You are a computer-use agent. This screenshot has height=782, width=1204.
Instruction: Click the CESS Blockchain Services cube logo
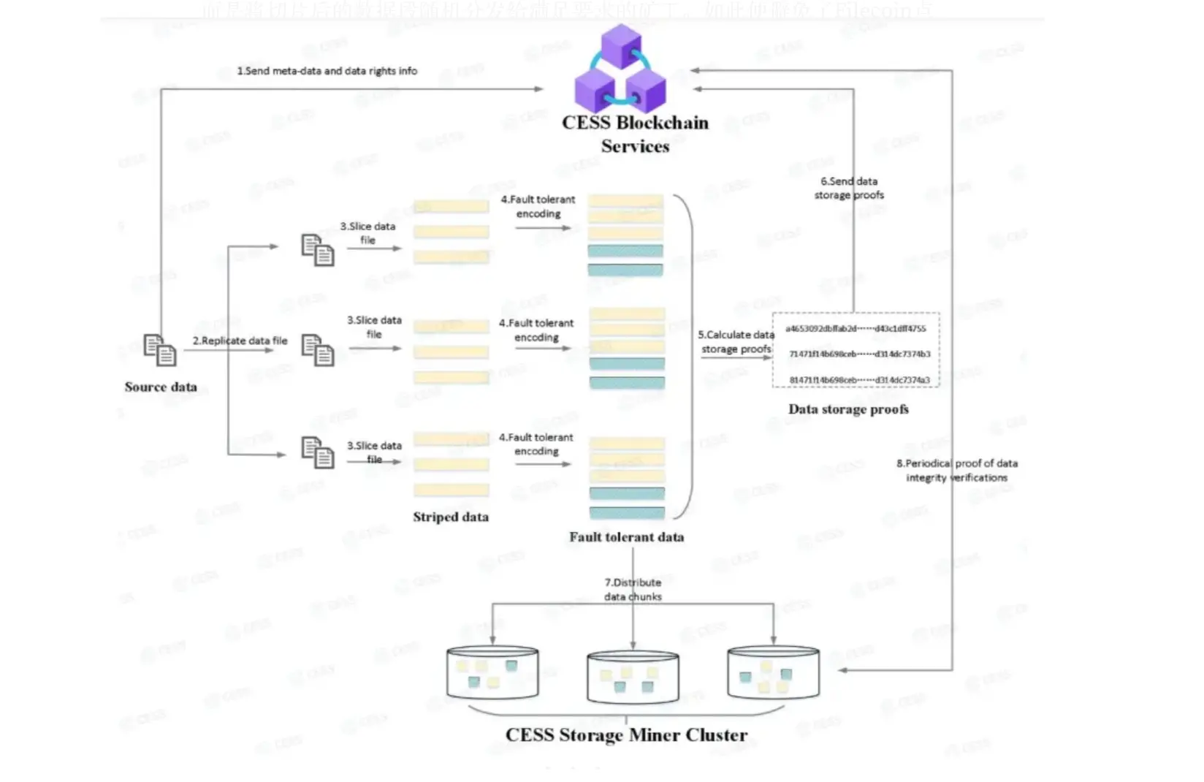click(620, 69)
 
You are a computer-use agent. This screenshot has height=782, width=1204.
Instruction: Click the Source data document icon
click(160, 350)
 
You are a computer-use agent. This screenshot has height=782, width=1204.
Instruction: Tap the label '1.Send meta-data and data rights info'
click(327, 71)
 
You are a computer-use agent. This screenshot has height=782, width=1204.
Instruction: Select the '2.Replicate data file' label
click(240, 341)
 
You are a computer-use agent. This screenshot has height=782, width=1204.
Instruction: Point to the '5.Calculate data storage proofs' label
click(736, 342)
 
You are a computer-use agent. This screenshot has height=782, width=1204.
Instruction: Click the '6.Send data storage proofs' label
click(849, 188)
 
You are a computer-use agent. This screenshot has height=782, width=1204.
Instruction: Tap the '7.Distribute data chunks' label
click(633, 589)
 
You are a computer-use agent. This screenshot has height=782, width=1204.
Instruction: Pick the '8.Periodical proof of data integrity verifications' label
click(956, 470)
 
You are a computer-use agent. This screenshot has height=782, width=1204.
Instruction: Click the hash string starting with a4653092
click(856, 329)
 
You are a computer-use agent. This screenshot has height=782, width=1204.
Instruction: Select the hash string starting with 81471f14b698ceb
click(859, 380)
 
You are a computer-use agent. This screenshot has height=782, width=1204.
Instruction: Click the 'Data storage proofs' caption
click(848, 409)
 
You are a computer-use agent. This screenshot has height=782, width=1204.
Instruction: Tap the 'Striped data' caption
click(450, 517)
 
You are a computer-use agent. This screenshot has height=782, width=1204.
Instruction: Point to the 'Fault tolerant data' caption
click(626, 537)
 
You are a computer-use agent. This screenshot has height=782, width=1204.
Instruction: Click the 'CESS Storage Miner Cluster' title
click(626, 735)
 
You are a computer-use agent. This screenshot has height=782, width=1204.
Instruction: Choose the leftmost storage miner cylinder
click(492, 672)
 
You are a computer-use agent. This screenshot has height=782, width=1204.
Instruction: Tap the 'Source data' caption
click(161, 387)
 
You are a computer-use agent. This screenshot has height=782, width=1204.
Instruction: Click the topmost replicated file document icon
click(318, 250)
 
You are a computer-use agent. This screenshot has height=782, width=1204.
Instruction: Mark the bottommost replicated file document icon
click(318, 452)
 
